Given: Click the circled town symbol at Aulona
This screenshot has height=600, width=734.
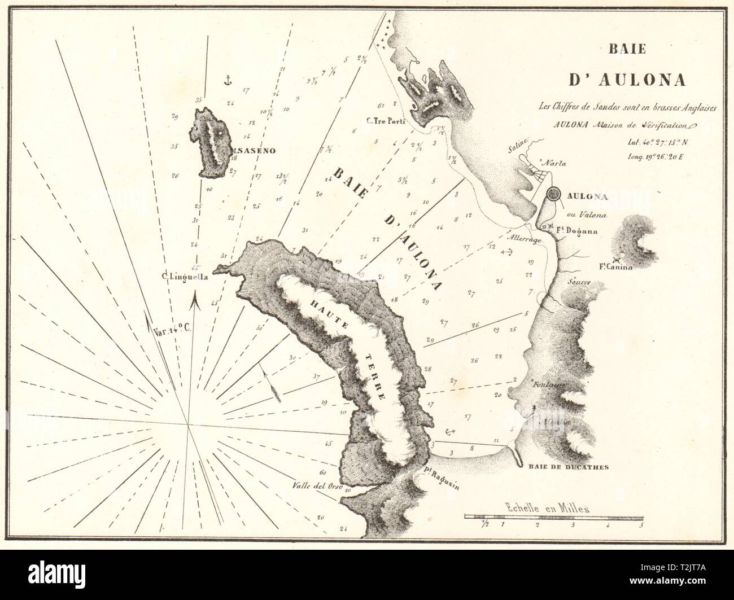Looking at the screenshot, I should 553,196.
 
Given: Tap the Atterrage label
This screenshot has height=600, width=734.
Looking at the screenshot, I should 524,239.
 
